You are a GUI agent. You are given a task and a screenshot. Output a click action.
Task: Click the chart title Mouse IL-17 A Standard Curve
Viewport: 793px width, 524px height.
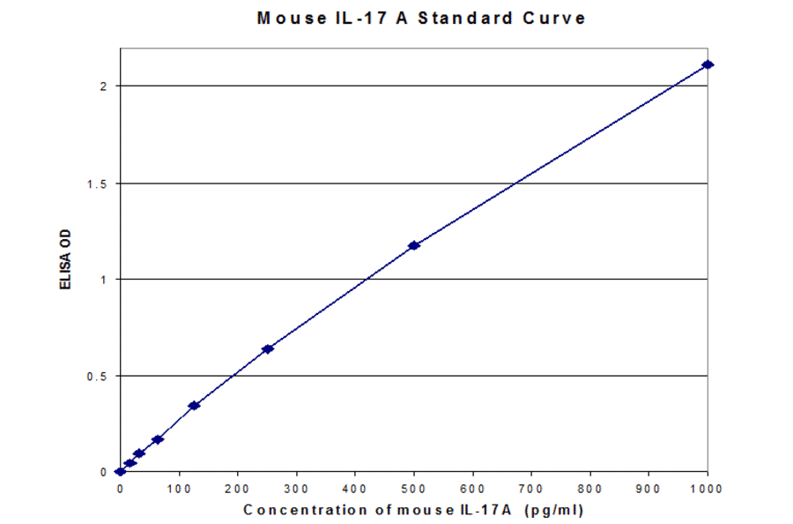coord(421,18)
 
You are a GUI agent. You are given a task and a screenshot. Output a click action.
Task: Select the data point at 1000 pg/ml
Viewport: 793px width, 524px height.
coord(707,64)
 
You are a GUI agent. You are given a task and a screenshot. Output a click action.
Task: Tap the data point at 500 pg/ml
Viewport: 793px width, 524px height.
coord(413,245)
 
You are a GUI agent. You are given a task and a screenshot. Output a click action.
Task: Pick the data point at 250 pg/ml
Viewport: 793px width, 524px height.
coord(268,348)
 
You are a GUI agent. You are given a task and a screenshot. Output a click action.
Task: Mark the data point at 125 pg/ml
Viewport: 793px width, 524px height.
coord(194,405)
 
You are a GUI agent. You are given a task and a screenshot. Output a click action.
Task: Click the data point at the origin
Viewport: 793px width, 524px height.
coord(121,472)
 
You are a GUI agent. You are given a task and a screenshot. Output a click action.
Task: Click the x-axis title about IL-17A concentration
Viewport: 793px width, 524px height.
coord(413,510)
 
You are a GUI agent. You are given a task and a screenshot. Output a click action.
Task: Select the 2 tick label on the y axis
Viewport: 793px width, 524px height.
coord(103,86)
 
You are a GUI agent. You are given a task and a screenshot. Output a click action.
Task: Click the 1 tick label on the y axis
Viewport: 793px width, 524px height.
coord(103,280)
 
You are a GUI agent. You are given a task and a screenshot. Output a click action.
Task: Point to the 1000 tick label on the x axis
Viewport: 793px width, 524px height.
coord(707,487)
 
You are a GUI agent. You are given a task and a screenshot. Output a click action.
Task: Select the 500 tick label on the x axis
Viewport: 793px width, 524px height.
coord(413,487)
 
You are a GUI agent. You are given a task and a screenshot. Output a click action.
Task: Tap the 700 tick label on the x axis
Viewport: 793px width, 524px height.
coord(531,487)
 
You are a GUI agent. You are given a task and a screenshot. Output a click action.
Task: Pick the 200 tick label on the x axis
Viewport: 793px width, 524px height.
coord(238,487)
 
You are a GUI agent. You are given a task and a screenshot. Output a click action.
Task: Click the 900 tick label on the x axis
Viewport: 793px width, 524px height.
coord(648,487)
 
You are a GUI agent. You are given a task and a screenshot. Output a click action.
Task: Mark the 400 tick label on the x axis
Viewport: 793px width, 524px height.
coord(355,487)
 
